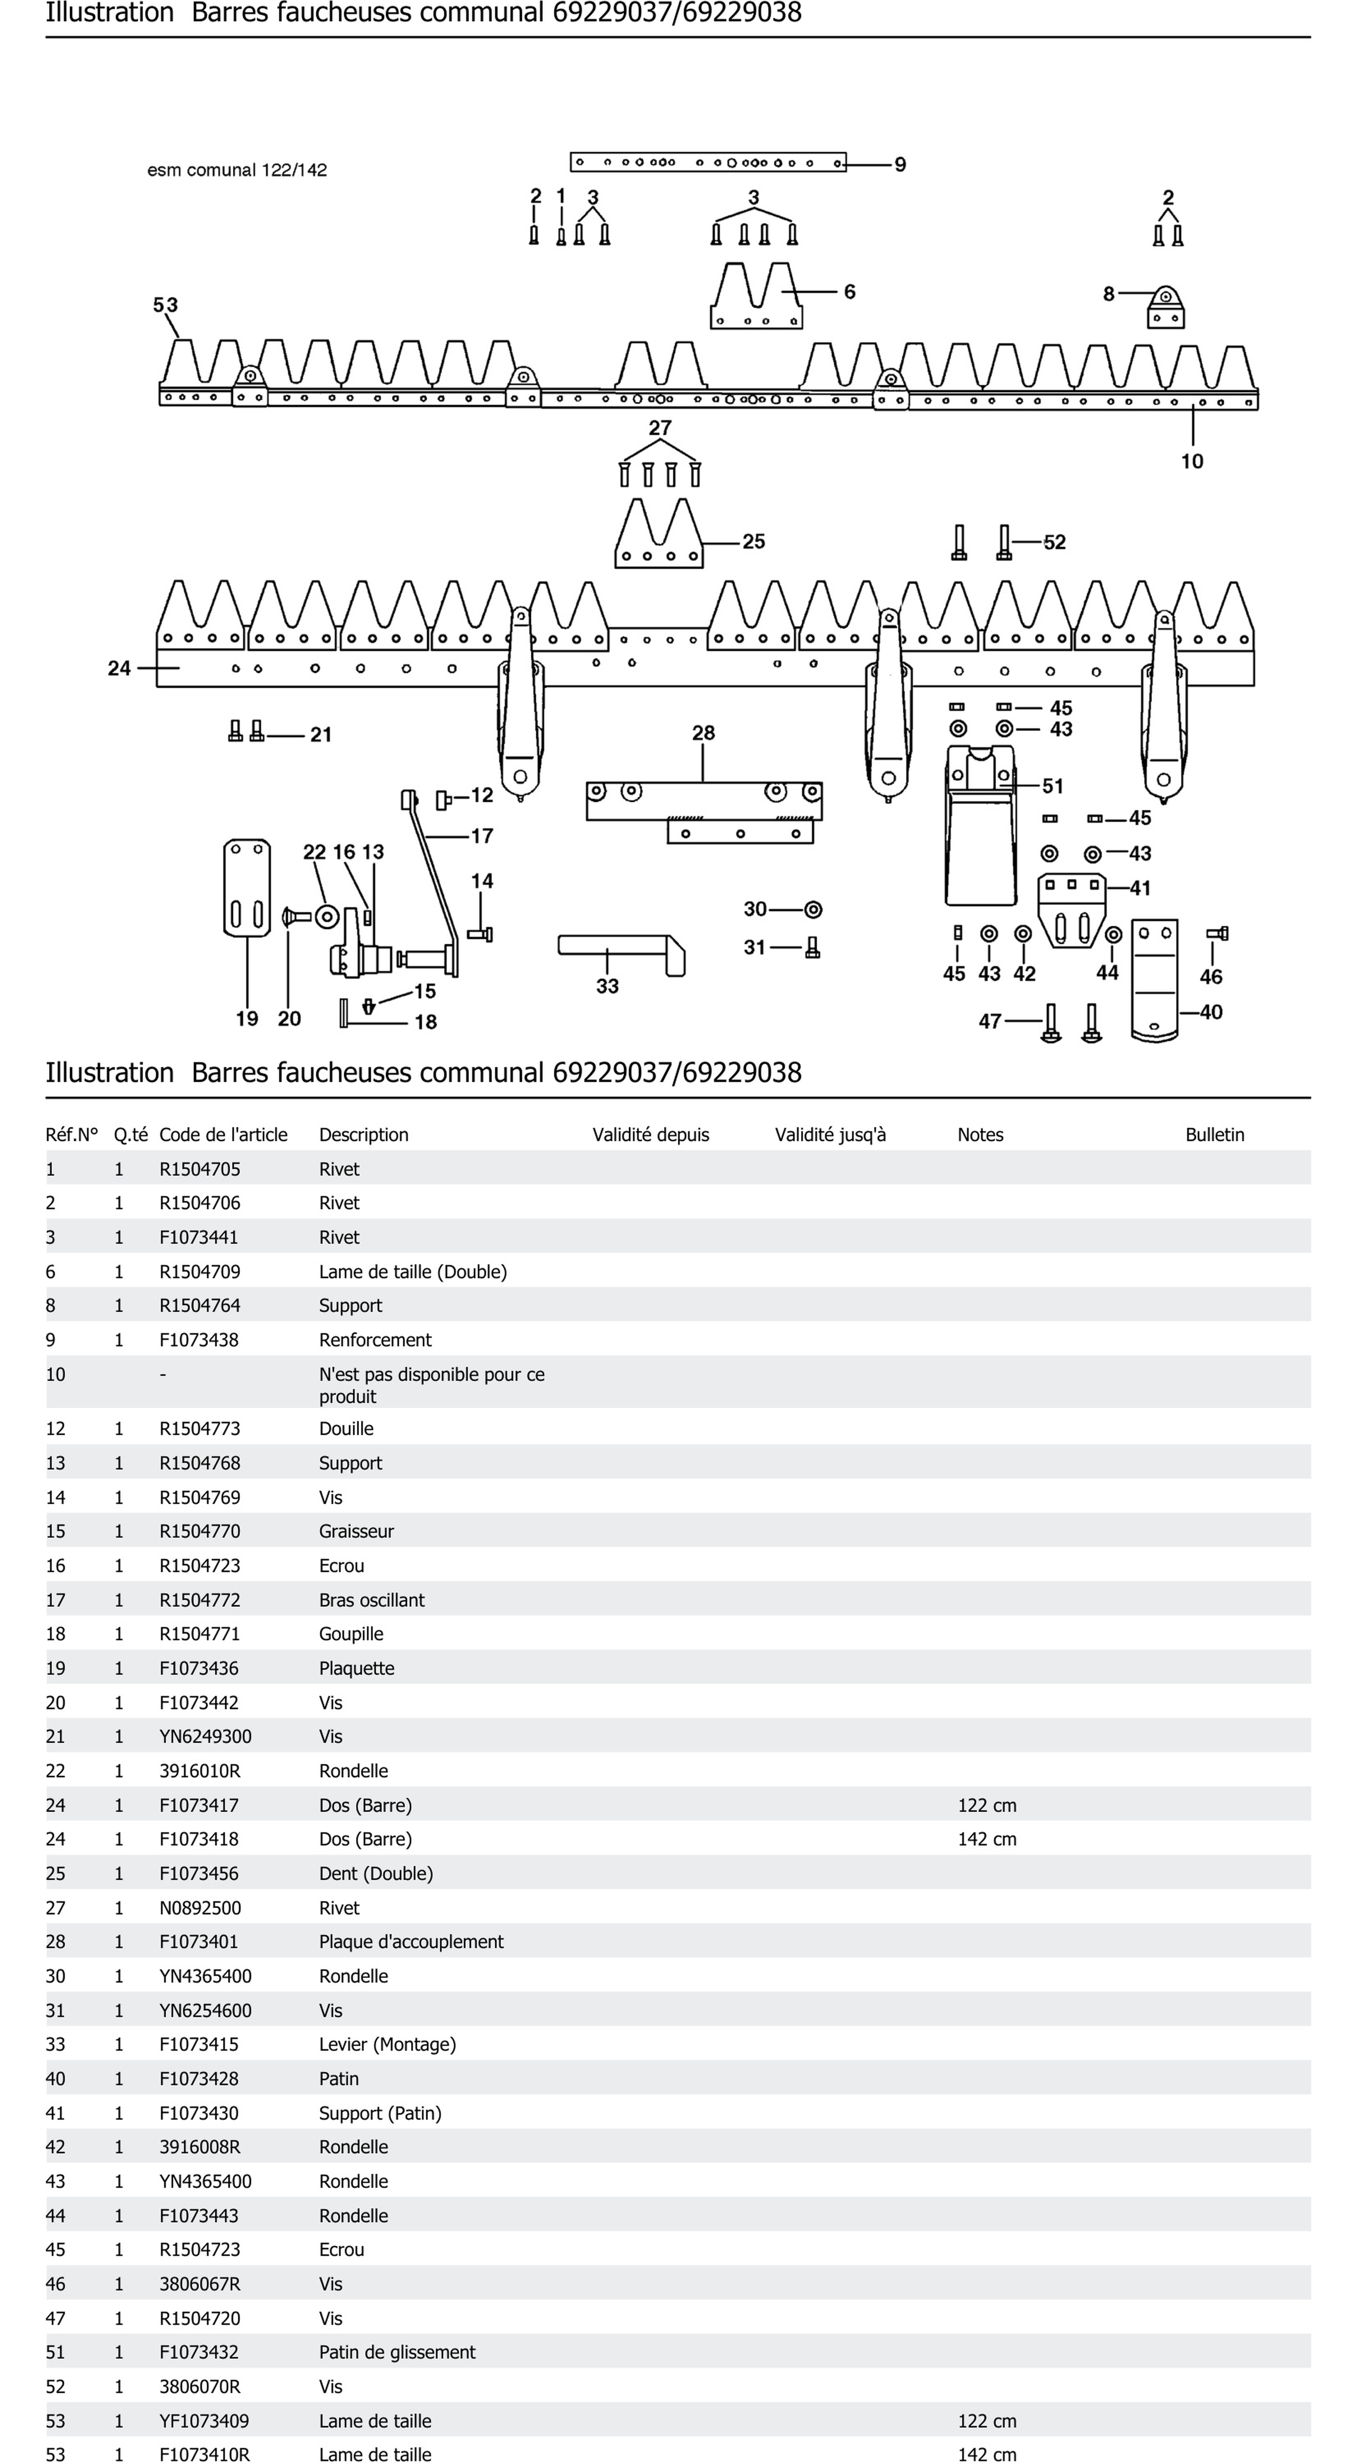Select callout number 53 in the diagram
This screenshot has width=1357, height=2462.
[165, 305]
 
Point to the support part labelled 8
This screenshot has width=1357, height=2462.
[1165, 308]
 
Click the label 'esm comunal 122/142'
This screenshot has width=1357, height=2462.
[237, 170]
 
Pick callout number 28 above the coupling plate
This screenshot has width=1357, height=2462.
[704, 733]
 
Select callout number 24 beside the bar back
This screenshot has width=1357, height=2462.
[119, 668]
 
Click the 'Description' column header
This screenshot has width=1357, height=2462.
[363, 1135]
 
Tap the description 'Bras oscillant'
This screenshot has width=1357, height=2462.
[372, 1600]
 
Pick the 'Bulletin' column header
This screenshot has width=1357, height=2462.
[1215, 1135]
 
